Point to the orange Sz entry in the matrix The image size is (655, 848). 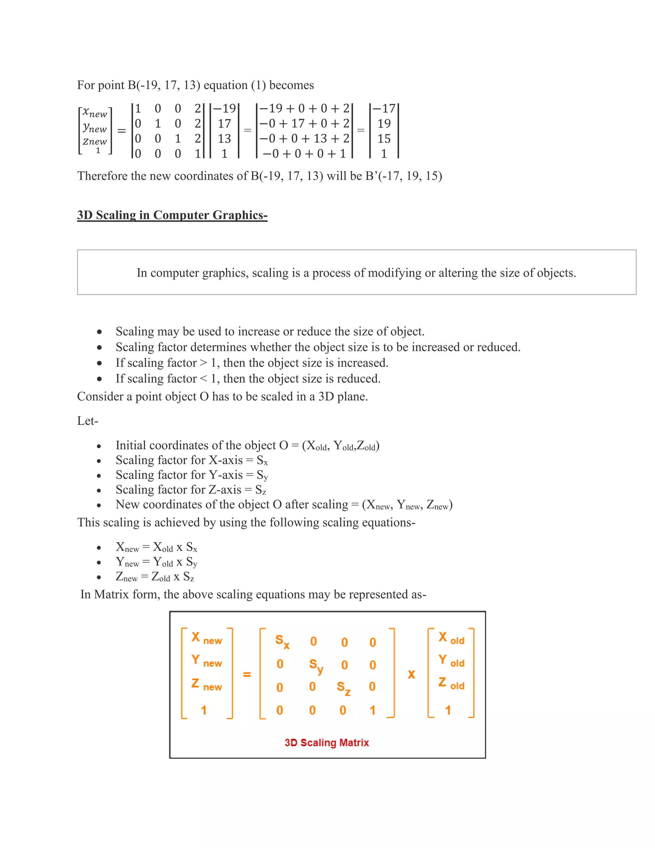click(x=343, y=688)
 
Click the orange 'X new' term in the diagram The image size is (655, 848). click(x=206, y=638)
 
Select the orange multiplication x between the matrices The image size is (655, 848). click(x=411, y=675)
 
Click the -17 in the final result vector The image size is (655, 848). click(x=384, y=108)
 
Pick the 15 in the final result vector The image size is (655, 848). click(x=384, y=139)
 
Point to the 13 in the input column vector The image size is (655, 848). click(x=224, y=139)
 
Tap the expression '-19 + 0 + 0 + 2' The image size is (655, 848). click(x=304, y=108)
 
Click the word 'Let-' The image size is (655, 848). click(x=88, y=421)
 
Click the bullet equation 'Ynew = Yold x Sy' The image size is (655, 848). click(x=156, y=562)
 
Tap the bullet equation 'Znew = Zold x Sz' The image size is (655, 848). click(x=155, y=577)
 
